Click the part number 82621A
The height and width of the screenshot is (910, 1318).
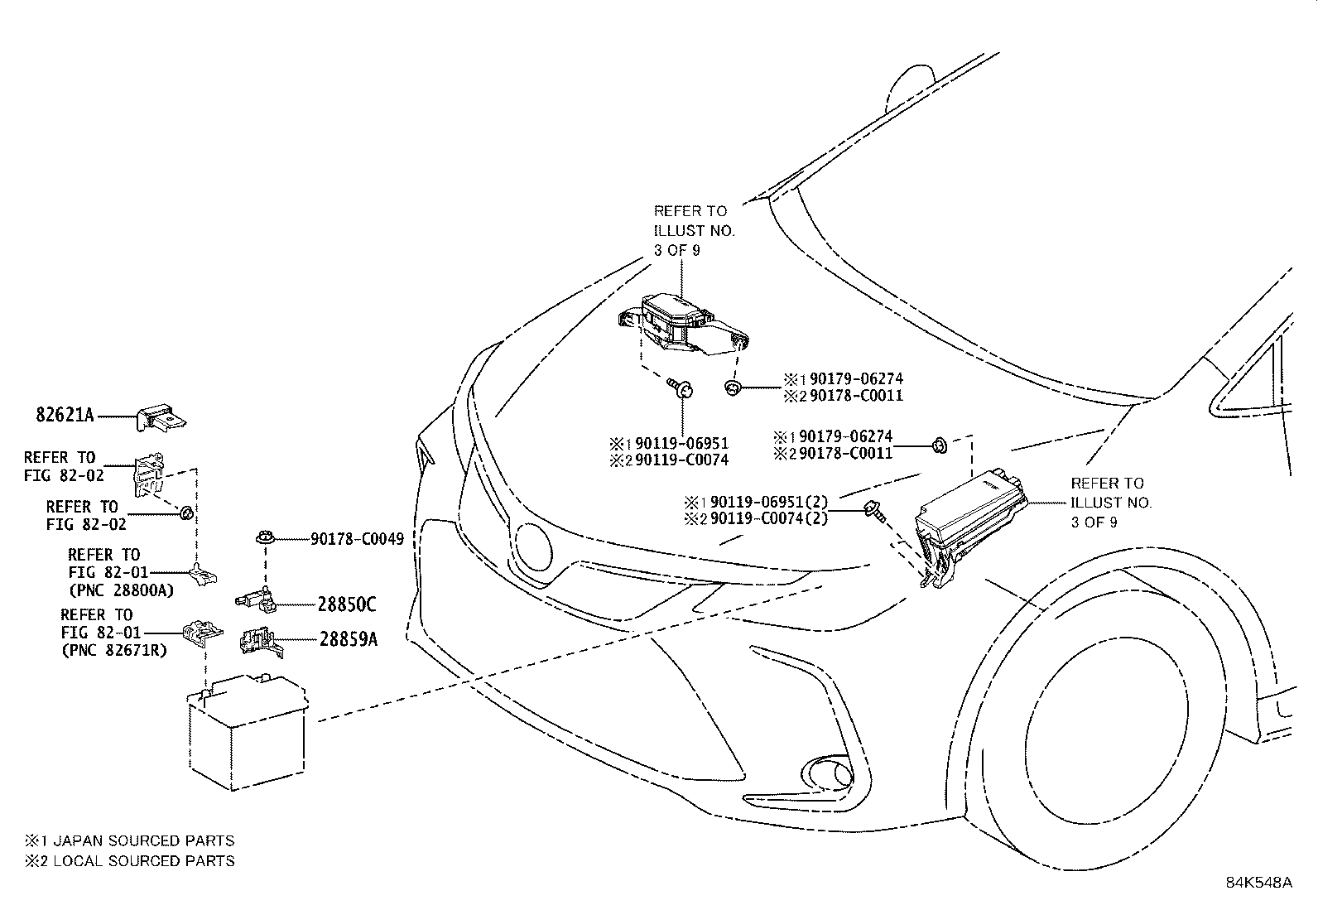pyautogui.click(x=65, y=414)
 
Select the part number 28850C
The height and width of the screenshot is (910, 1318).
pyautogui.click(x=346, y=604)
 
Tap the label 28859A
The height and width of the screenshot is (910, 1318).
pyautogui.click(x=349, y=639)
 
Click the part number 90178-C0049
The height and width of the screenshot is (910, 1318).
pyautogui.click(x=357, y=539)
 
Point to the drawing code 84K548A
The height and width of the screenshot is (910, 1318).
pyautogui.click(x=1258, y=883)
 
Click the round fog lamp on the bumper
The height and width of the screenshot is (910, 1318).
pyautogui.click(x=829, y=775)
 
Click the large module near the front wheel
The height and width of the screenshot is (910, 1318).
pyautogui.click(x=969, y=526)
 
